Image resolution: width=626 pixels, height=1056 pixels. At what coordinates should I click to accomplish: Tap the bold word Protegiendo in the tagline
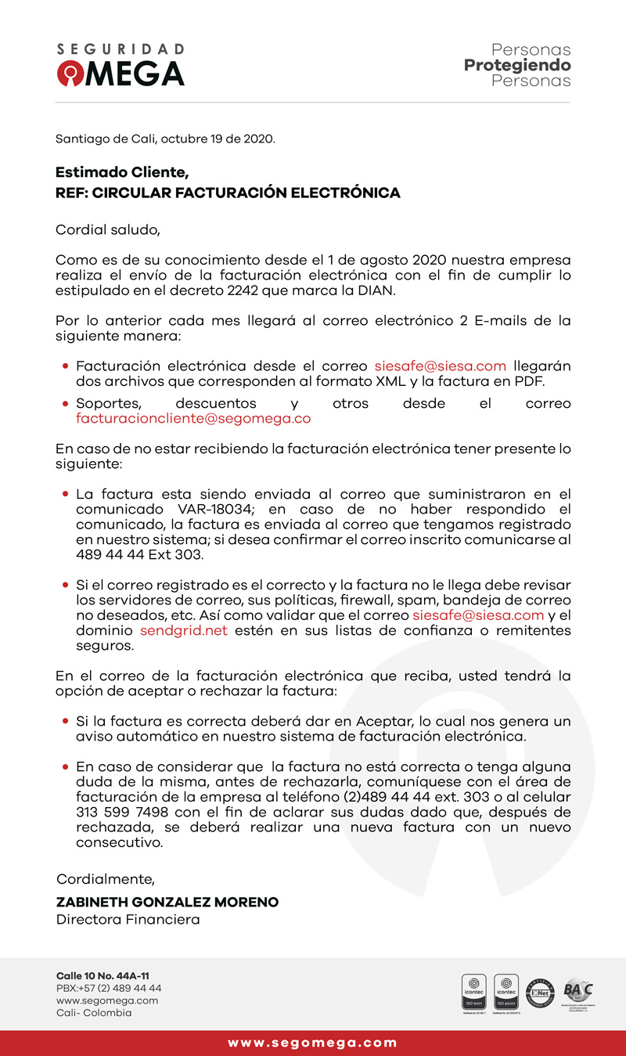point(517,65)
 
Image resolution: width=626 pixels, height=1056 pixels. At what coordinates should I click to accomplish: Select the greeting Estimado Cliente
point(122,172)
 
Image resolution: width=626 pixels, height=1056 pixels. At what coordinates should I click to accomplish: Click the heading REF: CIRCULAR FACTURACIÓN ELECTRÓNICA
point(228,193)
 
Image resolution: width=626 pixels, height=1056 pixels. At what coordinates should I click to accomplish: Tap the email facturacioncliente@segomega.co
point(193,418)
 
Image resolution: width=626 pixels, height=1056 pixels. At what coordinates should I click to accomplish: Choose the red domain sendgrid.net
point(184,631)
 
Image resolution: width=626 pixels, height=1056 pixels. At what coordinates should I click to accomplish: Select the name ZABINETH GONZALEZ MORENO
point(167,902)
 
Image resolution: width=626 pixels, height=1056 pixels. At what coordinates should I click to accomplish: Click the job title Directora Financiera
point(128,919)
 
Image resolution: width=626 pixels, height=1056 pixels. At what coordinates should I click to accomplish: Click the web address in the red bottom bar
point(313,1043)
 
